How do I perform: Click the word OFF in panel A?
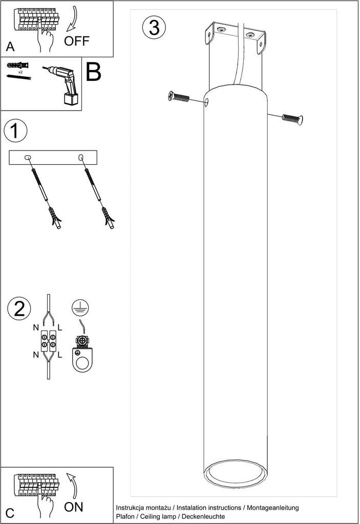coord(77,41)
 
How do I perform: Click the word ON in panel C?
coord(74,507)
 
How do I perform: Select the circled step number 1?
coord(15,130)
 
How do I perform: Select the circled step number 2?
coord(19,308)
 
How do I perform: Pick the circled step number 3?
coord(154,28)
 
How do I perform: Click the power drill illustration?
coord(62,83)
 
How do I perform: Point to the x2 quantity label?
coord(20,72)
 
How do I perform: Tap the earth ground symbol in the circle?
coord(80,308)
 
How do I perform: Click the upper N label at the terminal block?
coord(36,328)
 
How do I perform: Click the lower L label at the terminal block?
coord(60,355)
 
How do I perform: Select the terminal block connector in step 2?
coord(49,340)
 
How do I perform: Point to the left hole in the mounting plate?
coord(28,157)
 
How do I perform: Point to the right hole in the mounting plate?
coord(80,157)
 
